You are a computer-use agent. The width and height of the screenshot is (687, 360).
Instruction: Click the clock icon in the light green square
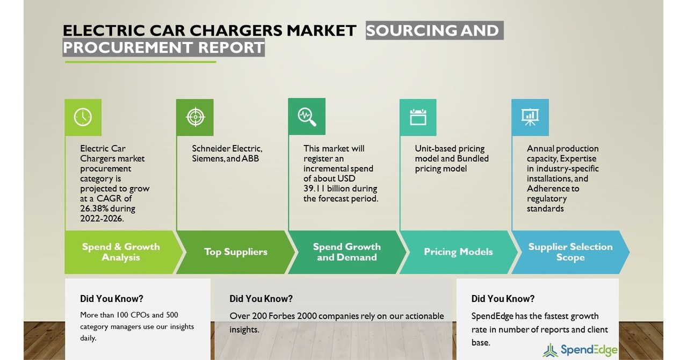[x=83, y=117]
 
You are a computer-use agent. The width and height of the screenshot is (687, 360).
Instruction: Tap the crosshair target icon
[x=196, y=117]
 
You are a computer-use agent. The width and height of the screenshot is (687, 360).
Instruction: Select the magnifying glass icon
[x=307, y=117]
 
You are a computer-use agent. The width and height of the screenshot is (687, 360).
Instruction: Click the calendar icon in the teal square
[x=418, y=117]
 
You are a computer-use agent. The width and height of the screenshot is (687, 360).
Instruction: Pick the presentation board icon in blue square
[x=530, y=117]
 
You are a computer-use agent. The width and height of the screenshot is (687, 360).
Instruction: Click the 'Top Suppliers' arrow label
[x=236, y=252]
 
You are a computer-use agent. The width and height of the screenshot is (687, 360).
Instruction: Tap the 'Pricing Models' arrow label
[x=458, y=252]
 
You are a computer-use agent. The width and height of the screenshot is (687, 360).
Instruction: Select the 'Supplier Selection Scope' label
[x=570, y=252]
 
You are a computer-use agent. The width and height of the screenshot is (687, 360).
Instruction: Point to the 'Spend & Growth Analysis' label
[x=121, y=252]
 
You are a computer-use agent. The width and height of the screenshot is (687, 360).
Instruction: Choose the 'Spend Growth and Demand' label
[x=347, y=252]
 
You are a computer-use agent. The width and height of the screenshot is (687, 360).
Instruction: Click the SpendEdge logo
[x=580, y=350]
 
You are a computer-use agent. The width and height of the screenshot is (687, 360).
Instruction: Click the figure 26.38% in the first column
[x=92, y=208]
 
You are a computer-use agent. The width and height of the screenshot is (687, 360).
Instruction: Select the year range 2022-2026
[x=102, y=219]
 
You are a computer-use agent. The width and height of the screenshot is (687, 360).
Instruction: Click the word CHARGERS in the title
[x=236, y=31]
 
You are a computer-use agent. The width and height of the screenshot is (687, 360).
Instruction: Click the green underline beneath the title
[x=141, y=62]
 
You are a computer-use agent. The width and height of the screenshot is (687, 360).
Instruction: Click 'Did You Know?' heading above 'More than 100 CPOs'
[x=112, y=299]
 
